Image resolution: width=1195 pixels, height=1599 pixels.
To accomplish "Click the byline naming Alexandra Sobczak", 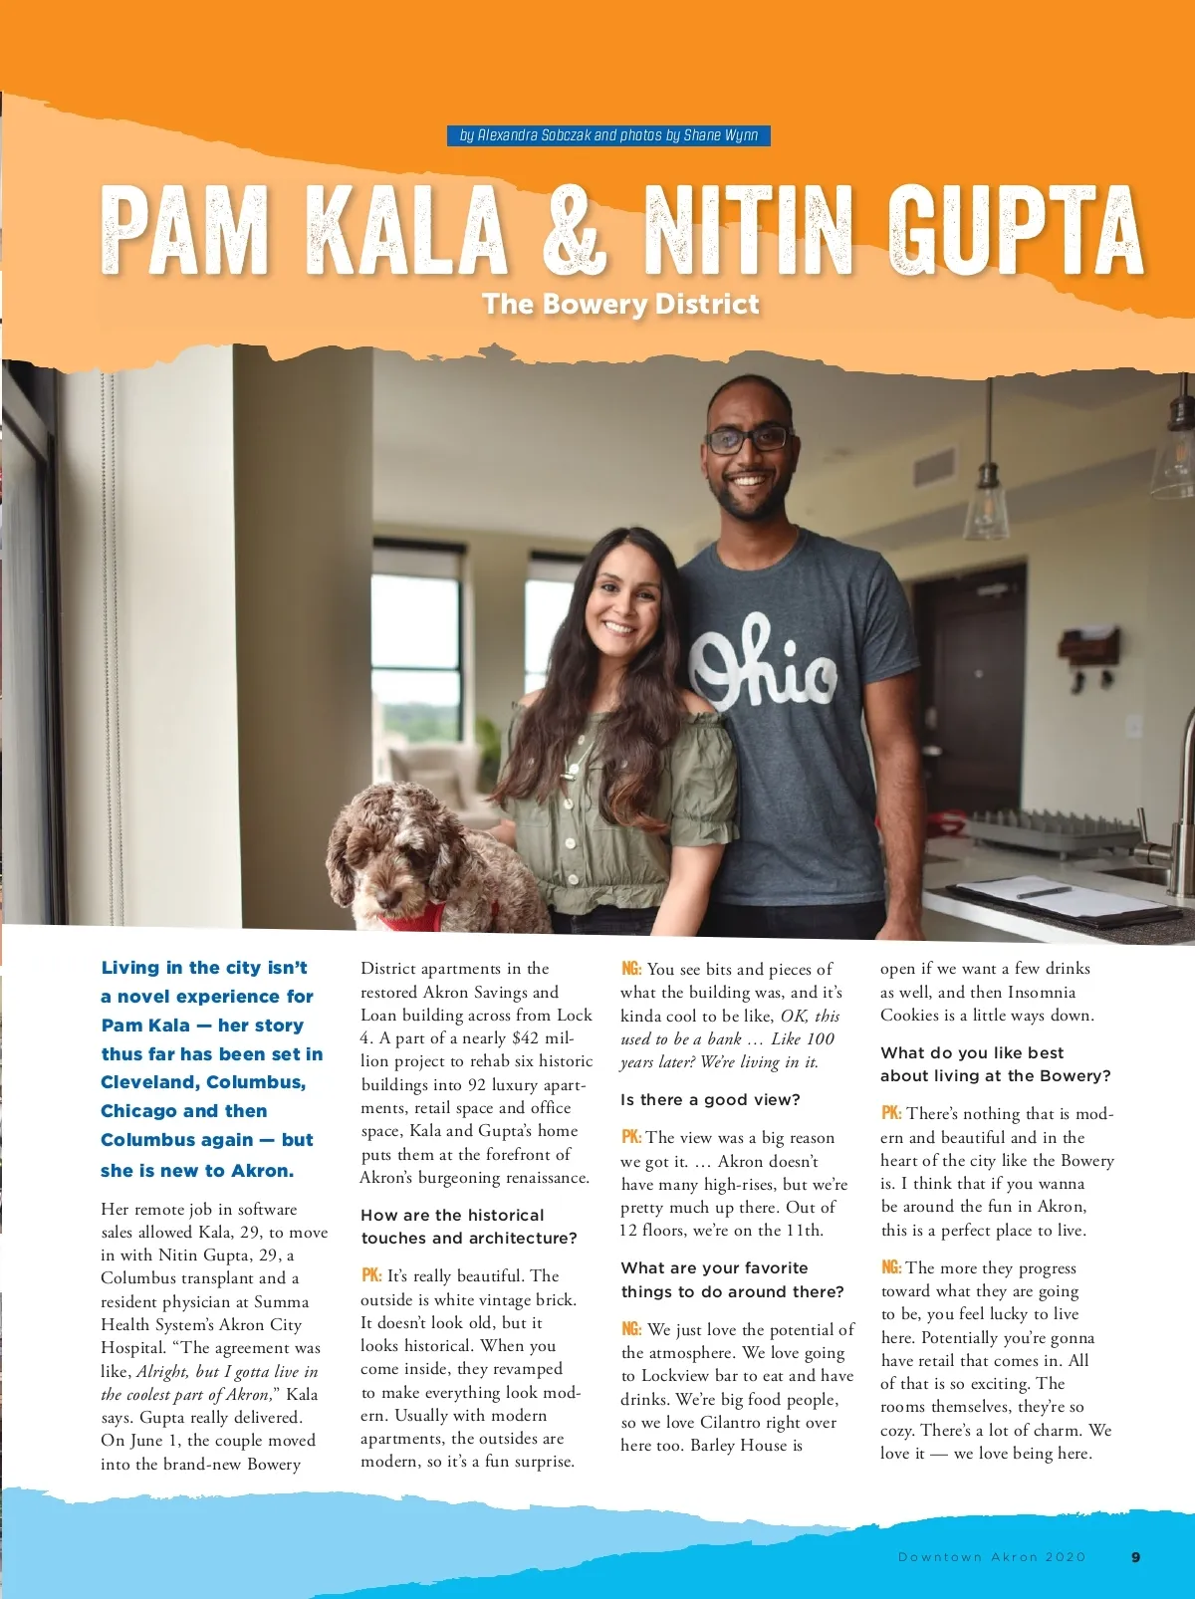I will click(608, 135).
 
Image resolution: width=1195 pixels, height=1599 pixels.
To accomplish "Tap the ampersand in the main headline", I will click(575, 230).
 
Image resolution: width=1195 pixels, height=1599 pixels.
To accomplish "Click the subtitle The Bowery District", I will click(620, 304).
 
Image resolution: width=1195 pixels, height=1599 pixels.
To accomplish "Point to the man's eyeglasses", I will click(748, 439).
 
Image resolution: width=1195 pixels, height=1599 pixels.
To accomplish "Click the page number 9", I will click(1136, 1556).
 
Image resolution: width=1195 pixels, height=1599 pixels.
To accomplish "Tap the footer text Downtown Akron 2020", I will click(992, 1556).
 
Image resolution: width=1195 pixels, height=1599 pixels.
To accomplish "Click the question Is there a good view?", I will click(710, 1100).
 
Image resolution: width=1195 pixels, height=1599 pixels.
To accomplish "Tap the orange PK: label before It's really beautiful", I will click(371, 1275).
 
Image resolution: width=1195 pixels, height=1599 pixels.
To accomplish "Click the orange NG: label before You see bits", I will click(631, 969).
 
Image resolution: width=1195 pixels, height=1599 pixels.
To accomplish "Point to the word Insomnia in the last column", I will click(1042, 992).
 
